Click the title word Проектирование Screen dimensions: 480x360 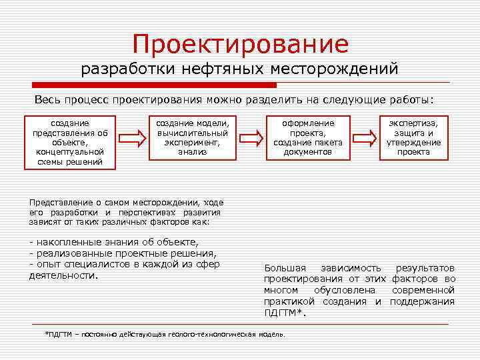coord(240,45)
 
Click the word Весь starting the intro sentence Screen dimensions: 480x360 coord(47,100)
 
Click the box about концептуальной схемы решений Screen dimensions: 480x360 coord(70,143)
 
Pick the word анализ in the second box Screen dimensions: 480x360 coord(192,152)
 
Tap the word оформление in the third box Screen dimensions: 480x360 coord(308,123)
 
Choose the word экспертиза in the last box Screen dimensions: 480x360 coord(413,123)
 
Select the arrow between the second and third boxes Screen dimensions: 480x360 coord(253,139)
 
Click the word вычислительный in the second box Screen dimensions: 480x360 coord(192,133)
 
